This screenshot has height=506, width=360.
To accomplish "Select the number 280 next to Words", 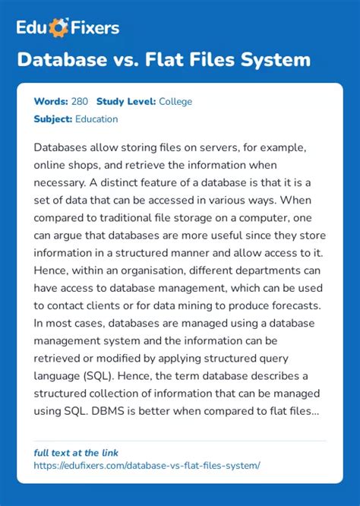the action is [78, 101].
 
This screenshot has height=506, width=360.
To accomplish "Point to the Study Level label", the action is [126, 101].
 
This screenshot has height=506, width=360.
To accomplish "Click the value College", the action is [175, 101].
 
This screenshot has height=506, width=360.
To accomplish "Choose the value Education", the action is [96, 119].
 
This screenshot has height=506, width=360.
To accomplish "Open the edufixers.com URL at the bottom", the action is [147, 464].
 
